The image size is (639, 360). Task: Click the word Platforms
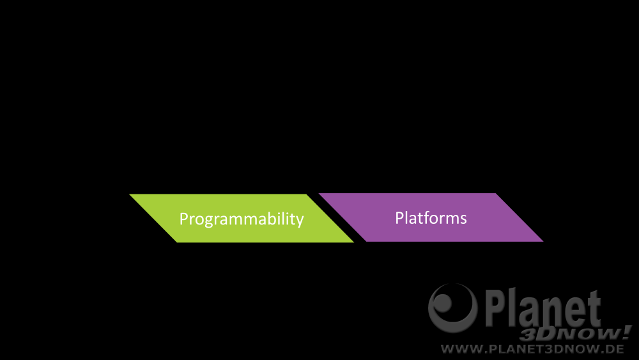[x=431, y=217]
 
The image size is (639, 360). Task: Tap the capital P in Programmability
[x=183, y=219]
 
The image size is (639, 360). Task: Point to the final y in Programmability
[x=300, y=221]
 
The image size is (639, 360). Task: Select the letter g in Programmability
[x=208, y=221]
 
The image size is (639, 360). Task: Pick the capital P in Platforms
[x=399, y=218]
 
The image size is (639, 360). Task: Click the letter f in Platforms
[x=426, y=217]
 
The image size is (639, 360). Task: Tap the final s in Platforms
[x=463, y=220]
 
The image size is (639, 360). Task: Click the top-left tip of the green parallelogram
[x=130, y=194]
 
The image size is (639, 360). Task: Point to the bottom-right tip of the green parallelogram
[x=354, y=242]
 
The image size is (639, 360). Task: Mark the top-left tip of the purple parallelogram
[x=319, y=194]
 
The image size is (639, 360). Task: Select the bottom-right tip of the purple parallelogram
[x=543, y=241]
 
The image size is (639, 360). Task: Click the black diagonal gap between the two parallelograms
[x=336, y=217]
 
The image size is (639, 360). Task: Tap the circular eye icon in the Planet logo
[x=453, y=308]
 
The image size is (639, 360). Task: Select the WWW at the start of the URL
[x=463, y=349]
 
